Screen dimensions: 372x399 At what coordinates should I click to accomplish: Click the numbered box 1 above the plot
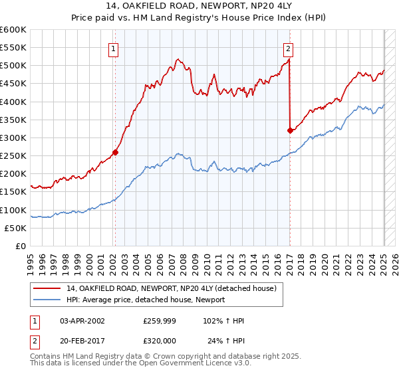pos(114,48)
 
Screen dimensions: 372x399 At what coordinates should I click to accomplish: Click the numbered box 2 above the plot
pos(288,48)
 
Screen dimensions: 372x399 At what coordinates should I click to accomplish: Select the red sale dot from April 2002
pos(115,152)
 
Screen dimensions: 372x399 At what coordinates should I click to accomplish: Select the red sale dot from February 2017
pos(290,131)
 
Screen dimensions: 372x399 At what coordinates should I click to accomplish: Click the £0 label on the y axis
pos(20,246)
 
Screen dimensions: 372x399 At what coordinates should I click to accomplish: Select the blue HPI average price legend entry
pos(146,300)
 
